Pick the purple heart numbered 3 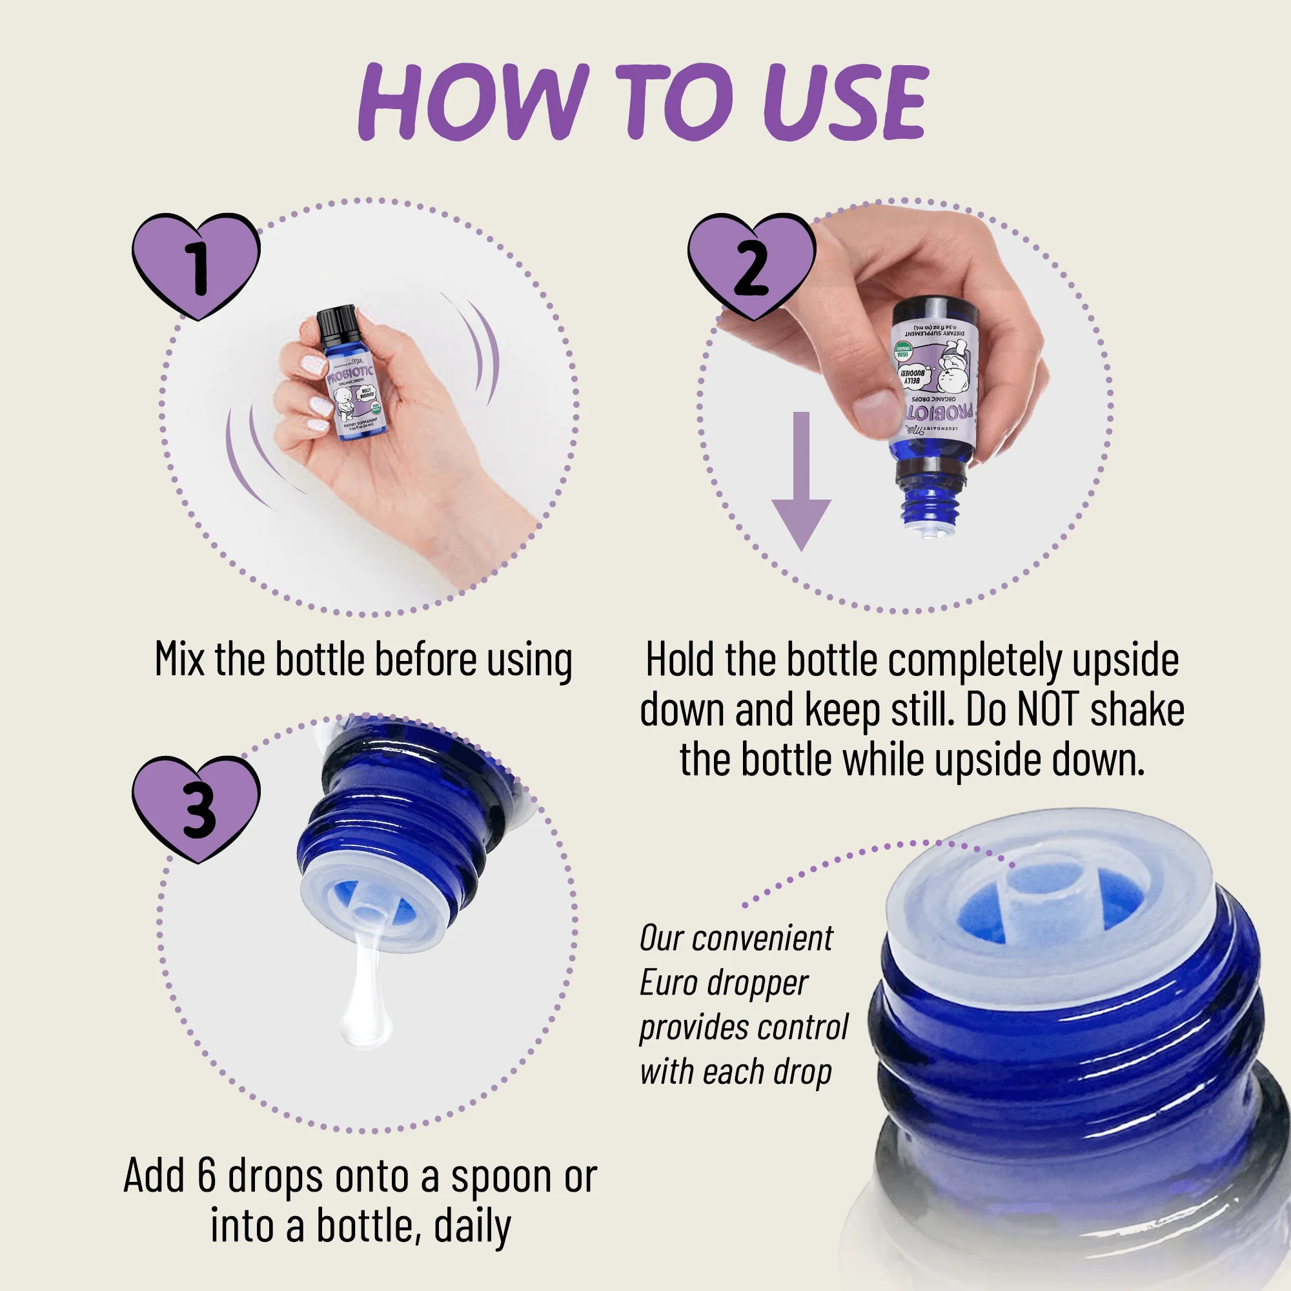[x=196, y=809]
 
